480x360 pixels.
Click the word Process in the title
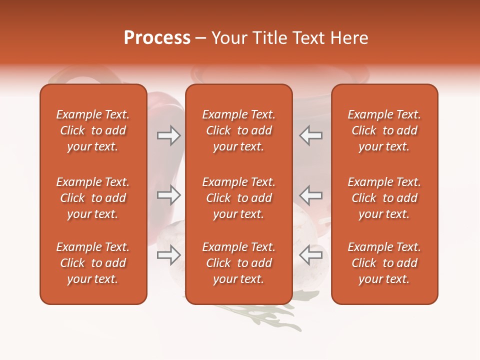[157, 38]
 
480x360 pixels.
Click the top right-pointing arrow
[168, 135]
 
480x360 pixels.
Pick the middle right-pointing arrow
[168, 195]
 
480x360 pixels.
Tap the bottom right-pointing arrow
[168, 255]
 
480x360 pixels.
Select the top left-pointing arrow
[310, 135]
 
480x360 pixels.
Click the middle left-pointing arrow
[310, 195]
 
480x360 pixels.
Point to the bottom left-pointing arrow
[310, 255]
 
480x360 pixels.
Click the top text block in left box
[93, 130]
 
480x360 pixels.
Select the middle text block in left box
[93, 198]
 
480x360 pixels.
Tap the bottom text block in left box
[93, 263]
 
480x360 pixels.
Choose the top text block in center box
[238, 130]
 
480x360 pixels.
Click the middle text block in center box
[238, 198]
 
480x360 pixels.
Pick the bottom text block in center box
[238, 263]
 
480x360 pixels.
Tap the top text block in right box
[384, 130]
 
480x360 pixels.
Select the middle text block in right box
[384, 198]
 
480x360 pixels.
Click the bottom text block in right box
[384, 263]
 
